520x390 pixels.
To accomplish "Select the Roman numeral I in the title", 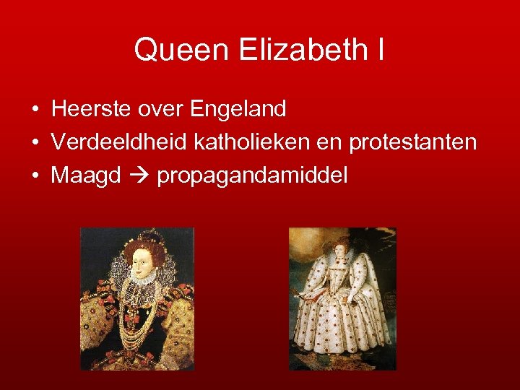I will coord(380,50).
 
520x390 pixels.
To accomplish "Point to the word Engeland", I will coord(240,110).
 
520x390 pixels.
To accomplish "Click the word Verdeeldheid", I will coord(119,142).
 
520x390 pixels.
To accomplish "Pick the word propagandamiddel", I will coord(251,175).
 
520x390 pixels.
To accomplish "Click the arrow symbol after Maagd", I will coord(138,175).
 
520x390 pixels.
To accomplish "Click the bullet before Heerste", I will coord(35,110).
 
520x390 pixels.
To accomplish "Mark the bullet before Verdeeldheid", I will coord(35,143).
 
